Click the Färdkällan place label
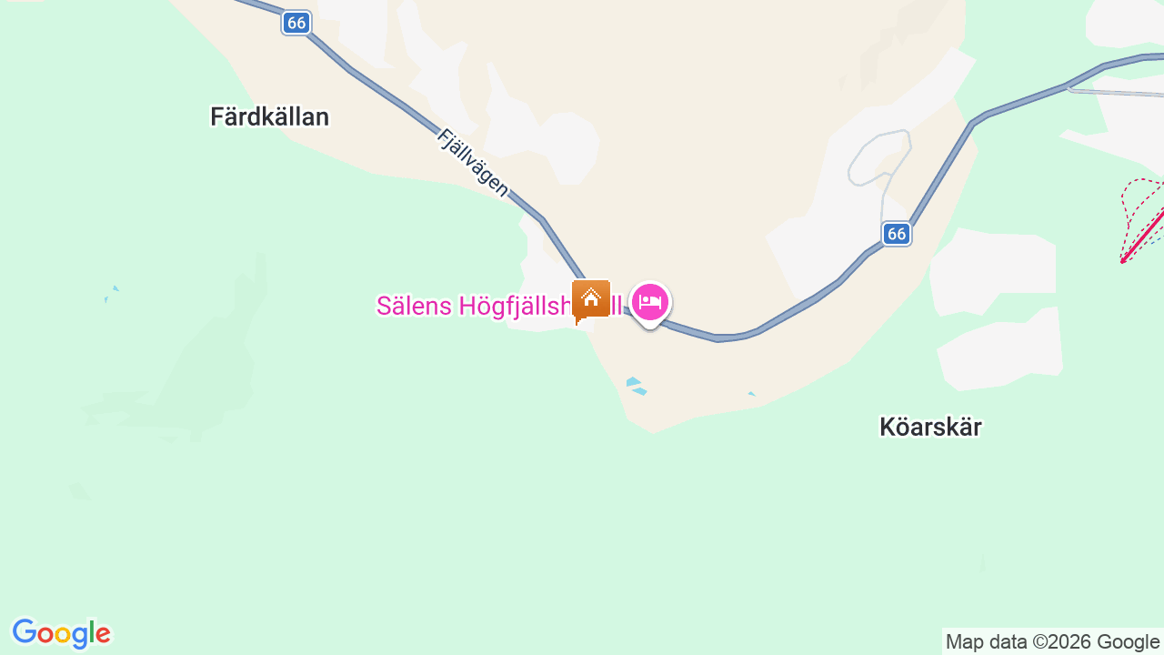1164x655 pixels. click(x=269, y=116)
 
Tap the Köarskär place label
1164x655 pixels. click(x=930, y=427)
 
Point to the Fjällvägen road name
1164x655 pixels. click(x=472, y=163)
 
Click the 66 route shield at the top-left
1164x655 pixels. click(x=296, y=23)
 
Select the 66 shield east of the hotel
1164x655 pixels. click(x=897, y=234)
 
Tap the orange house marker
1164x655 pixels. click(x=591, y=298)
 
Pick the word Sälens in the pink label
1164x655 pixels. click(x=414, y=306)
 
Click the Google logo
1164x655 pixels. click(x=62, y=633)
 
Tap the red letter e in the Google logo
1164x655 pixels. click(x=103, y=634)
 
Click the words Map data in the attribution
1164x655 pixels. click(x=986, y=641)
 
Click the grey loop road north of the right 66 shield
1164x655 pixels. click(x=878, y=155)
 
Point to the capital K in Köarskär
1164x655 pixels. click(x=888, y=427)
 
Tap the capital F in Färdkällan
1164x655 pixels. click(x=217, y=116)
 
